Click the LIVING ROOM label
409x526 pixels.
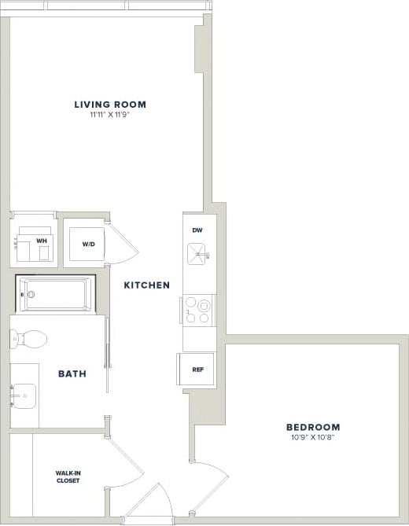[x=110, y=104]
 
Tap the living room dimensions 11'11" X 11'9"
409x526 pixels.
[x=110, y=115]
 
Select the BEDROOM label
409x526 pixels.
[x=313, y=427]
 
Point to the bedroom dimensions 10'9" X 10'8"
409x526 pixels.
[x=313, y=438]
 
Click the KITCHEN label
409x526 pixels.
[x=146, y=285]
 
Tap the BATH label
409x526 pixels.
[x=72, y=373]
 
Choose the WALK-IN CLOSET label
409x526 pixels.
[x=68, y=476]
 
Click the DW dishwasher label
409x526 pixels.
[x=198, y=230]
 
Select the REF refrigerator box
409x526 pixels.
[x=198, y=370]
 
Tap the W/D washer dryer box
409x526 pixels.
[x=88, y=244]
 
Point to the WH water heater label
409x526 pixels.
[x=41, y=241]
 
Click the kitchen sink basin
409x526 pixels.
[x=197, y=253]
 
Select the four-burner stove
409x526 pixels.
[x=198, y=310]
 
